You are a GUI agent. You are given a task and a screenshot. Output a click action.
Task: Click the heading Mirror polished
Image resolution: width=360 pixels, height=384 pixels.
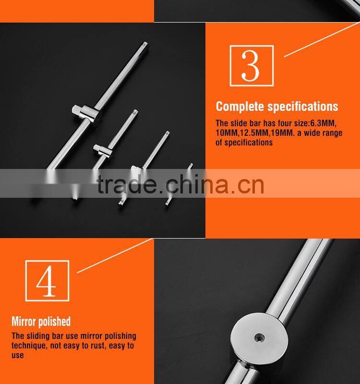(41, 321)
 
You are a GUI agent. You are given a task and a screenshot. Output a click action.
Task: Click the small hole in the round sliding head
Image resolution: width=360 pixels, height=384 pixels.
(260, 337)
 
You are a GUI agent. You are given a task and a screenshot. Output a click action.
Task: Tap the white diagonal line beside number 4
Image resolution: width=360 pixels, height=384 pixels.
(115, 255)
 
